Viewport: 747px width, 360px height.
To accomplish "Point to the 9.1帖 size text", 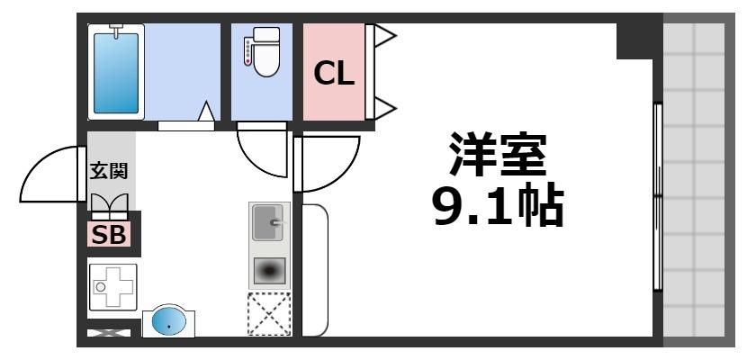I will point(497,208).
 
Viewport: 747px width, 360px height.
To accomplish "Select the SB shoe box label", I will point(110,235).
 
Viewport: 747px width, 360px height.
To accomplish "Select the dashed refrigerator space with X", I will point(269,314).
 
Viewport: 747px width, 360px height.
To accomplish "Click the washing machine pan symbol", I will point(112,287).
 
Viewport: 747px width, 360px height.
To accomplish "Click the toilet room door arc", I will point(263,153).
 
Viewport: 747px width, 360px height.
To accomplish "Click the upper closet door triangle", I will point(384,37).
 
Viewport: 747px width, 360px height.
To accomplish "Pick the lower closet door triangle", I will point(384,108).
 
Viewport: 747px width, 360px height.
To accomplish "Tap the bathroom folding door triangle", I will point(206,112).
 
